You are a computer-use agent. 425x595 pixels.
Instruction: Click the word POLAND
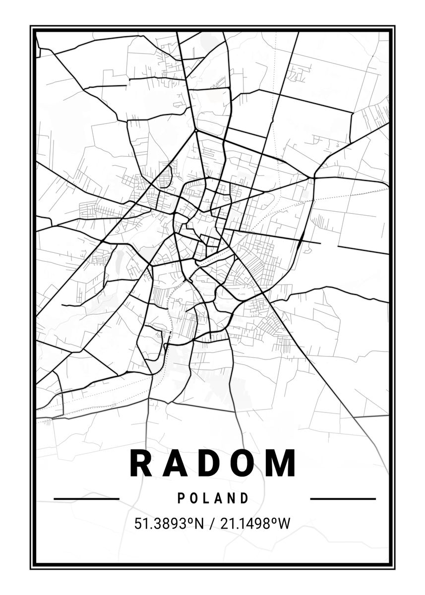[213, 498]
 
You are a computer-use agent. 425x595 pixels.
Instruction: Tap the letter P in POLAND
[181, 498]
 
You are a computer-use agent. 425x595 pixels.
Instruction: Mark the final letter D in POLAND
[244, 498]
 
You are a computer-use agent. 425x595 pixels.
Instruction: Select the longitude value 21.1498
[243, 524]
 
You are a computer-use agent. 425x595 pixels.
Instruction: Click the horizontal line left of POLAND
[86, 498]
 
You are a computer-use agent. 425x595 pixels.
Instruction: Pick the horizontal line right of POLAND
[343, 498]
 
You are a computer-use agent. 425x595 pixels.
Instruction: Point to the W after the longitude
[283, 524]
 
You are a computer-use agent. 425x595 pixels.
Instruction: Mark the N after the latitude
[198, 524]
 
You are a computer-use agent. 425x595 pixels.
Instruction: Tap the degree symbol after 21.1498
[273, 520]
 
